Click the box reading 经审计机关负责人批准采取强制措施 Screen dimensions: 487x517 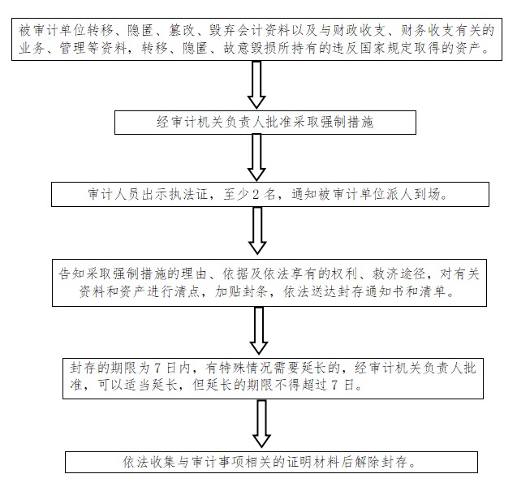(265, 123)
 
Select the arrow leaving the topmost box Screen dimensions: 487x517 (256, 84)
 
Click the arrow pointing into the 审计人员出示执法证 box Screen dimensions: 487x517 (256, 158)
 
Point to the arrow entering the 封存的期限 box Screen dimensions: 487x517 (259, 330)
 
